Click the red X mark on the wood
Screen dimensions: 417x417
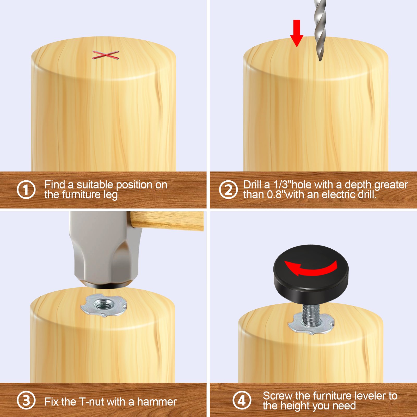coord(106,55)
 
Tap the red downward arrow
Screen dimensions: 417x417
coord(297,33)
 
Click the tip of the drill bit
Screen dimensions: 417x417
coord(320,60)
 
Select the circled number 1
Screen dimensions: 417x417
coord(26,189)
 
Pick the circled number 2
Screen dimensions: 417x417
coord(228,189)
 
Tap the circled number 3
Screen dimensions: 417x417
coord(26,400)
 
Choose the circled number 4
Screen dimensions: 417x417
coord(242,400)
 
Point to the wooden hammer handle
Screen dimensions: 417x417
coord(167,221)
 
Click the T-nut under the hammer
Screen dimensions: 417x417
coord(104,305)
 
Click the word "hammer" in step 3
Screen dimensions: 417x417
coord(157,402)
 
